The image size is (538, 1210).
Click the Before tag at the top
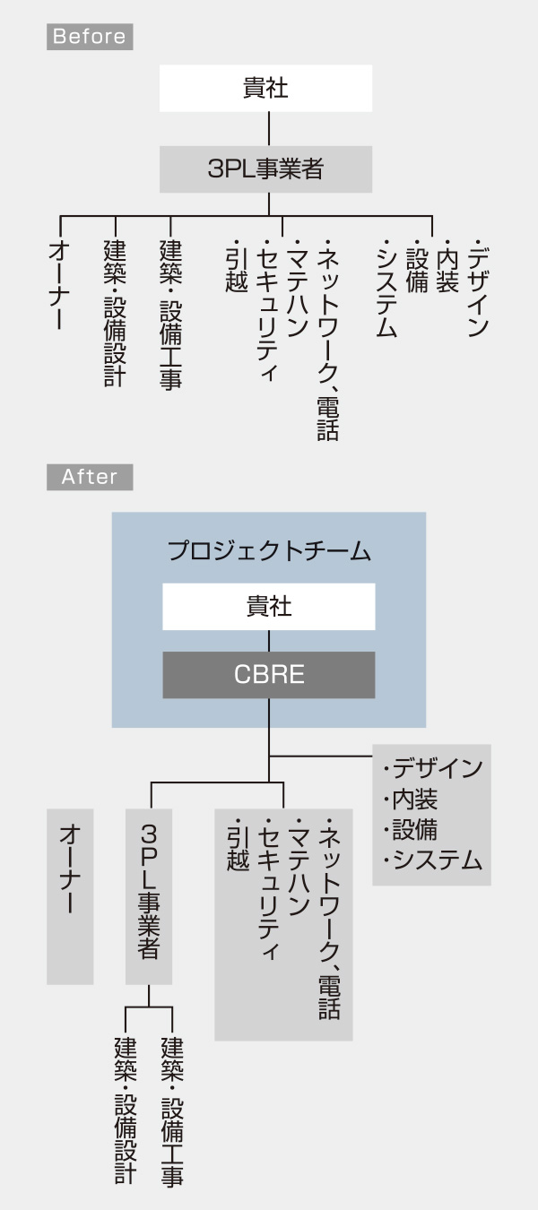point(90,37)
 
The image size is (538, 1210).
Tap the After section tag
point(90,477)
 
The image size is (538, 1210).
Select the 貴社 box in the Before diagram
point(265,89)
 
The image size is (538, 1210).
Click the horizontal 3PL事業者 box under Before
point(265,169)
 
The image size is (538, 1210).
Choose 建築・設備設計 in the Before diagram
point(114,312)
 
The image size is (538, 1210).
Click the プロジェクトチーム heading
point(269,551)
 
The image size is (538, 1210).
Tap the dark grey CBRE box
point(269,675)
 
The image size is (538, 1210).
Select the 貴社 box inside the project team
point(269,607)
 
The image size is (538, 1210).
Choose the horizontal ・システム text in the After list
point(432,860)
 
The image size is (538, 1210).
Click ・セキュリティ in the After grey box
point(269,887)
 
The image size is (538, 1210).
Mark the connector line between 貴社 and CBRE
point(269,641)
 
